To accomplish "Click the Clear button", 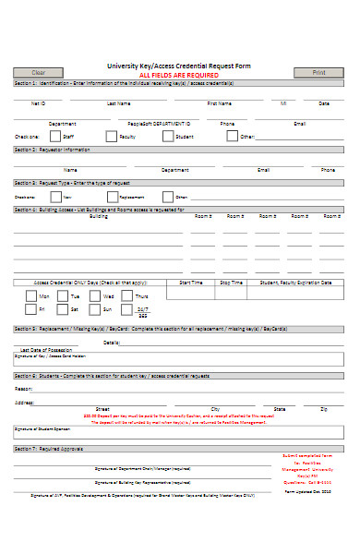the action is click(39, 72).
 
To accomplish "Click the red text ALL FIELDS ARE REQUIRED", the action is click(179, 73).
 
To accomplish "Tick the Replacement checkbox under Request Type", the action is click(111, 197).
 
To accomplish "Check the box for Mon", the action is click(31, 295).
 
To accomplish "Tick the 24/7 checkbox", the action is click(126, 309).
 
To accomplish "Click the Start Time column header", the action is click(191, 283).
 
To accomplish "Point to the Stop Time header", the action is click(231, 283).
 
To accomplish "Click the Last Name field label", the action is click(119, 103).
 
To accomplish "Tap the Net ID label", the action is click(38, 103).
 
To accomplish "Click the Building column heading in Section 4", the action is click(98, 216).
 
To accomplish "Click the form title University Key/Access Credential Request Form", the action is click(181, 66).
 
